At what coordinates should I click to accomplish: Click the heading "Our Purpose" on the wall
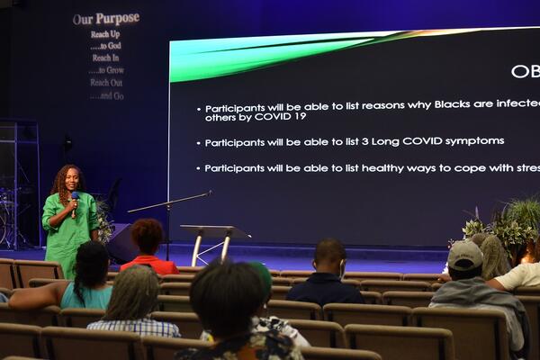click(x=105, y=18)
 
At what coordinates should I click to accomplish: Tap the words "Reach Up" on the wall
click(x=105, y=34)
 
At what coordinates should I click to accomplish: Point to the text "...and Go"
click(x=106, y=94)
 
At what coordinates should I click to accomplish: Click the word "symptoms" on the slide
click(x=473, y=141)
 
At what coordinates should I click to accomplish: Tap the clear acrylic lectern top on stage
click(x=214, y=231)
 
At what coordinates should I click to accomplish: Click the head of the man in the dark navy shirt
click(x=330, y=255)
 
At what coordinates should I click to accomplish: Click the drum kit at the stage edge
click(x=9, y=216)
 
